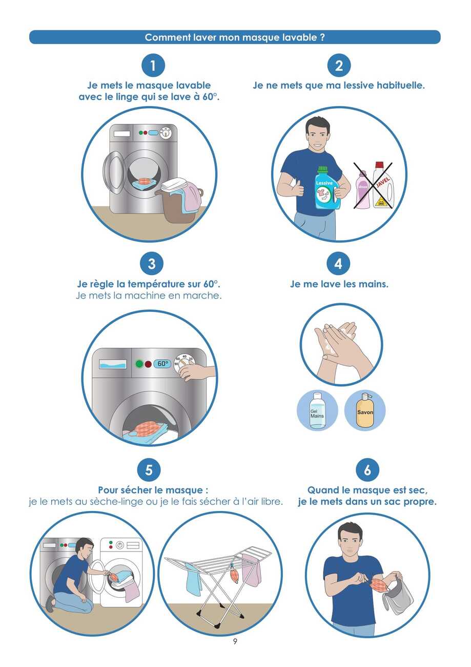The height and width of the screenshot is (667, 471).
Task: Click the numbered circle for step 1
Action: point(153,65)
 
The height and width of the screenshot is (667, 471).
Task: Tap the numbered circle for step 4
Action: point(338,264)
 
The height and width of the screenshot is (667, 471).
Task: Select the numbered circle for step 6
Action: point(367,470)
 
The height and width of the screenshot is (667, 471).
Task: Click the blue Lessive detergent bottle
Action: point(327,188)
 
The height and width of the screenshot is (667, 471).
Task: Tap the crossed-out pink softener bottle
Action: point(363,190)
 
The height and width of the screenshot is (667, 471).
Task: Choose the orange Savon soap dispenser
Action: point(364,410)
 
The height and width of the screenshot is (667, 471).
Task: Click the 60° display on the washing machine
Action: point(162,364)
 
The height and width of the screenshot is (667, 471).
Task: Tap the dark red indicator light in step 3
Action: point(148,364)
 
